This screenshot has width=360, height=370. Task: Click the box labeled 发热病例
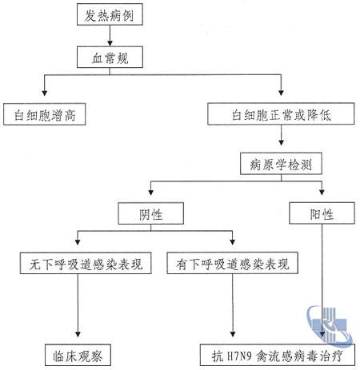110,14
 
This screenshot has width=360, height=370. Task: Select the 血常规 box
110,57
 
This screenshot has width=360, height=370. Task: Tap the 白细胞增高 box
45,114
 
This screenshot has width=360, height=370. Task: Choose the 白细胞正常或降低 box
281,113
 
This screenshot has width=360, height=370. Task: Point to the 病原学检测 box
281,164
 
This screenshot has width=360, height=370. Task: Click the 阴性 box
151,213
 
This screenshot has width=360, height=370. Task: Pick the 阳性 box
322,213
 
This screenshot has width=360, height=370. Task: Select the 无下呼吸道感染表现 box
86,263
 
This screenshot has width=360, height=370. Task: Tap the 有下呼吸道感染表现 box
233,263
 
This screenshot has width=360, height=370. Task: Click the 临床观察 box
78,355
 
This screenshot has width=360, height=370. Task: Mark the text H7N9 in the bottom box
239,356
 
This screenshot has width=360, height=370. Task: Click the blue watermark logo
330,326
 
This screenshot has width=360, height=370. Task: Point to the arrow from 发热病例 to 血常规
110,36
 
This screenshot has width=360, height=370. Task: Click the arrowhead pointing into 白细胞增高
45,93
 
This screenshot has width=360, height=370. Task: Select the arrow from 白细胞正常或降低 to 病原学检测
281,135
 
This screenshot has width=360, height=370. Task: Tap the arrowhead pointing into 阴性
151,193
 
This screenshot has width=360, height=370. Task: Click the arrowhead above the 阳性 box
322,192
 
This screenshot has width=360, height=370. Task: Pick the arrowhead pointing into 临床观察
78,334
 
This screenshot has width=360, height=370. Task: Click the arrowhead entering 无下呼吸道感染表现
78,242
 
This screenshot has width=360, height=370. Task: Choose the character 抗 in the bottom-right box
218,356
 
